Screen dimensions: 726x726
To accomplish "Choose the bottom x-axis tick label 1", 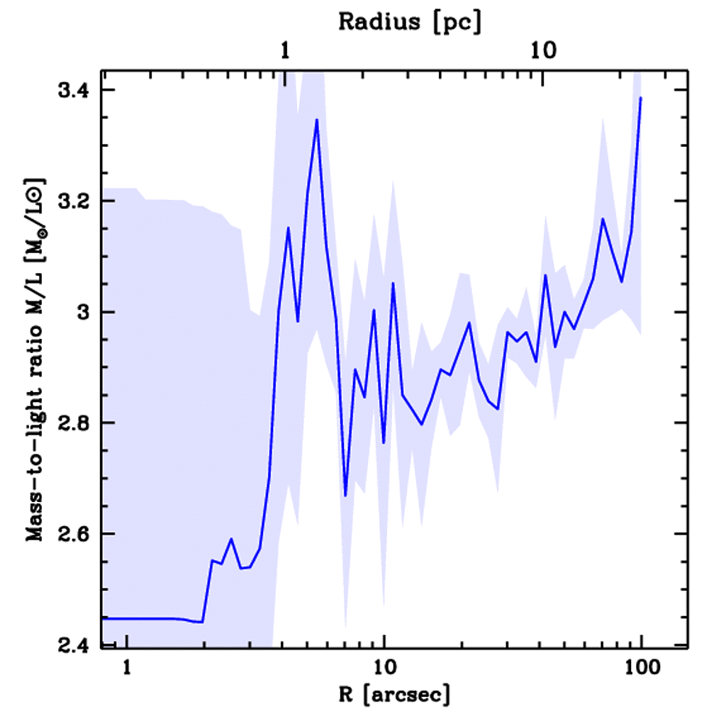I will pyautogui.click(x=128, y=669).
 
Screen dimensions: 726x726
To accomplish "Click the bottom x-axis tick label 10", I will pyautogui.click(x=384, y=669).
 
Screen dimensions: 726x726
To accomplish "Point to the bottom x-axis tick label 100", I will pyautogui.click(x=640, y=669).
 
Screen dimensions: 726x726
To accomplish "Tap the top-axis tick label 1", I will pyautogui.click(x=285, y=51).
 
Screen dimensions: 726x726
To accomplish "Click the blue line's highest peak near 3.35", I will pyautogui.click(x=317, y=120).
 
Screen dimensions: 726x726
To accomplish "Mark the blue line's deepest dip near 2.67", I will pyautogui.click(x=345, y=496).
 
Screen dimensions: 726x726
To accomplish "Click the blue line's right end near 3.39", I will pyautogui.click(x=640, y=98).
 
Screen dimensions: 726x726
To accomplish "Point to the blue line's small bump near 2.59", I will pyautogui.click(x=231, y=539).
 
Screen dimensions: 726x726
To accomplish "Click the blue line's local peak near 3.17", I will pyautogui.click(x=603, y=219).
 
